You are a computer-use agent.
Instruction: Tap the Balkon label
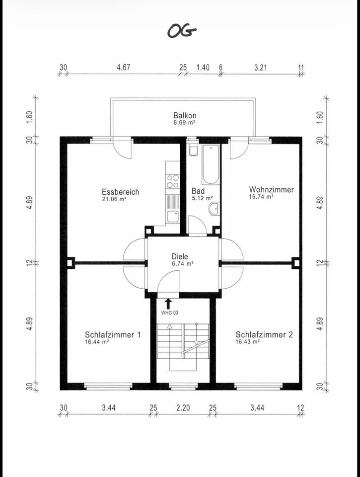click(x=184, y=115)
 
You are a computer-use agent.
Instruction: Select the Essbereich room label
click(x=121, y=192)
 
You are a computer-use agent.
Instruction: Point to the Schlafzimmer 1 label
click(x=113, y=335)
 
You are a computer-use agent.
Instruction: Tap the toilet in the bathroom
click(x=193, y=150)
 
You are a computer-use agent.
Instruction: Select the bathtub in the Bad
click(x=210, y=164)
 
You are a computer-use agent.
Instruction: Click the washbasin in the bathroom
click(x=214, y=209)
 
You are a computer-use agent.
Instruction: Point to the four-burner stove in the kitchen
click(x=172, y=182)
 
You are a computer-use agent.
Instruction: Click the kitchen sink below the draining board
click(x=172, y=216)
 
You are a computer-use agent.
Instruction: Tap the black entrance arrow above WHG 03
click(x=168, y=303)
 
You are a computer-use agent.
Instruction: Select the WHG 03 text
click(x=169, y=313)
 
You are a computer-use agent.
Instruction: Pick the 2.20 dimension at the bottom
click(x=183, y=408)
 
